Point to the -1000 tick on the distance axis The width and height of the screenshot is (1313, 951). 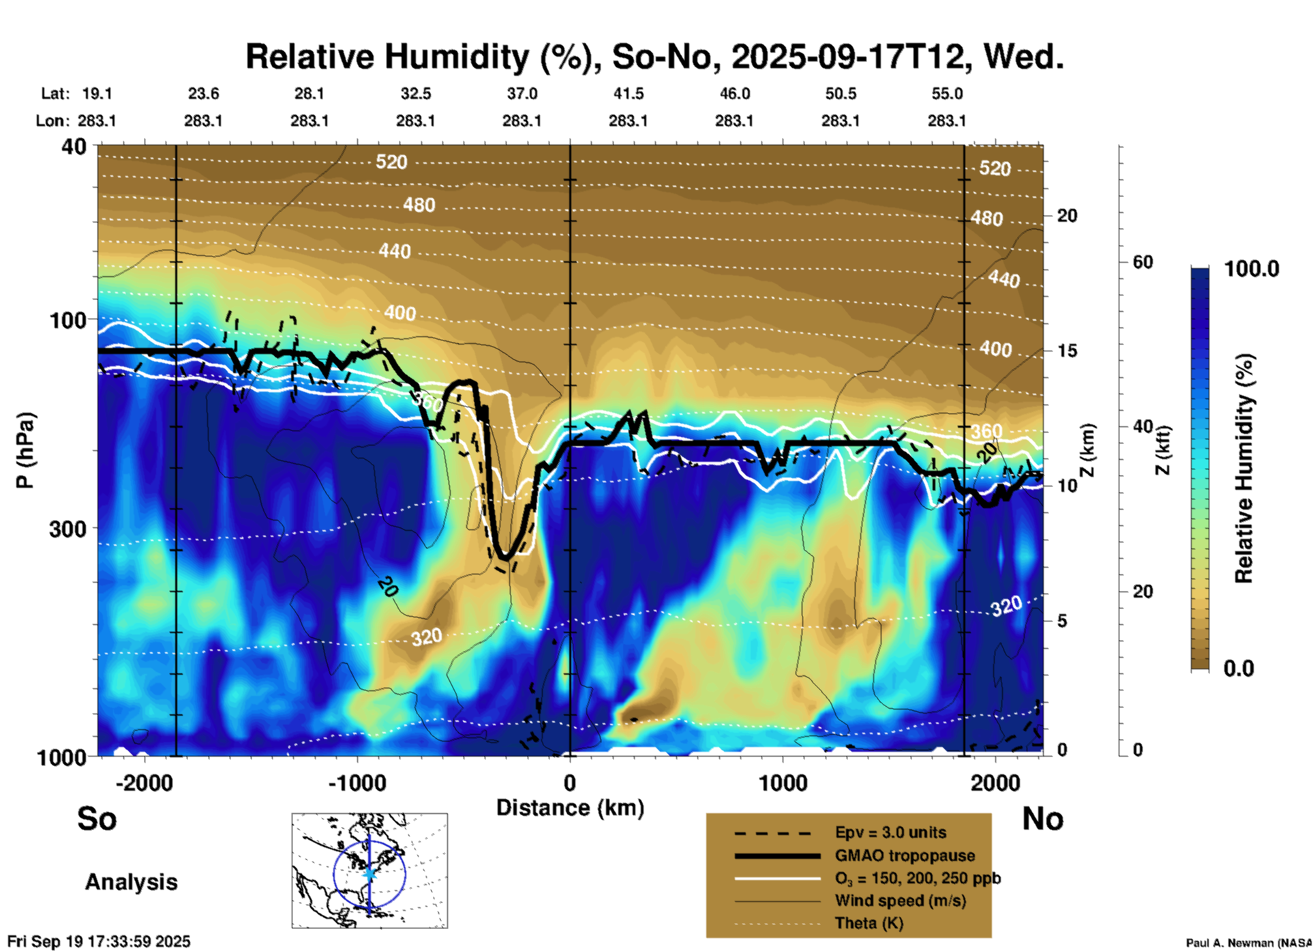point(357,782)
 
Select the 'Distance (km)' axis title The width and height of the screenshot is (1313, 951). point(570,808)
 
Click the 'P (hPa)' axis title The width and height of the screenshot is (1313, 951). point(25,450)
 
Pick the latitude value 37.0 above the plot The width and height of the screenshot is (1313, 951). point(522,93)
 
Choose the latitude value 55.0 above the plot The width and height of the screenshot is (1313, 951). point(946,93)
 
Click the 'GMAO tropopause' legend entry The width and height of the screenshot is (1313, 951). point(905,855)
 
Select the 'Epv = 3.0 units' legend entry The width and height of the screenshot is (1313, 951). point(890,832)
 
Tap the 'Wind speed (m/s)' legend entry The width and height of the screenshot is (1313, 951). point(900,901)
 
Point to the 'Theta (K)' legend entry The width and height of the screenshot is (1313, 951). point(869,923)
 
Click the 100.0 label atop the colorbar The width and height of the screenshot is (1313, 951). point(1252,269)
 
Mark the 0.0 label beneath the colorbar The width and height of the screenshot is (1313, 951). point(1239,668)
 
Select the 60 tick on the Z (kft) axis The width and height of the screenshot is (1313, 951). point(1143,262)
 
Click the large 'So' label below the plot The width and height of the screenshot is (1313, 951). point(97,819)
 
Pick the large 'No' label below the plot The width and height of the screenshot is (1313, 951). point(1042,819)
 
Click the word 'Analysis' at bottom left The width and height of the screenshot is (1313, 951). point(131,882)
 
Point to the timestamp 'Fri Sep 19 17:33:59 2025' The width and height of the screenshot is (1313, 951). point(99,941)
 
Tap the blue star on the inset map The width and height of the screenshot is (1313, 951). point(369,873)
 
